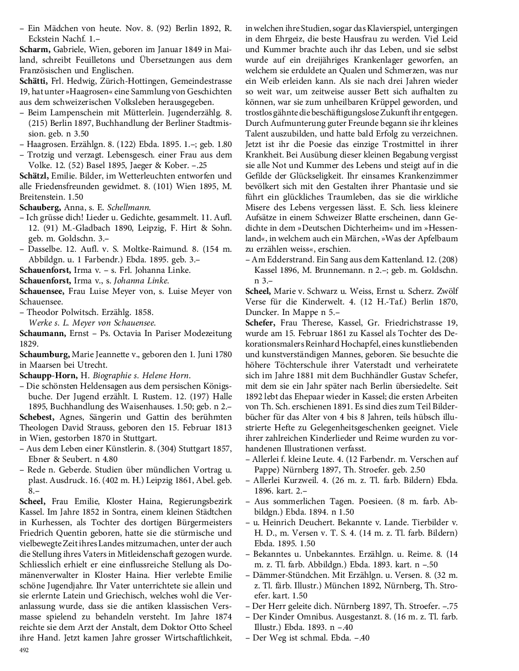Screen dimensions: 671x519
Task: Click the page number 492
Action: tap(24, 650)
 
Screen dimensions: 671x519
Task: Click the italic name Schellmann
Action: tap(129, 207)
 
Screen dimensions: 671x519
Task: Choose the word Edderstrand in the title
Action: tap(288, 260)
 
